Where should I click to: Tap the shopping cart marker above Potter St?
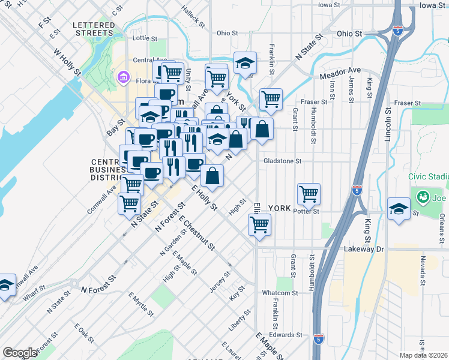click(x=309, y=194)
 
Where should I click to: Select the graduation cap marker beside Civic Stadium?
click(x=399, y=209)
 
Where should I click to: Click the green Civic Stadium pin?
click(x=423, y=197)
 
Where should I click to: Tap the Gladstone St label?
click(x=282, y=161)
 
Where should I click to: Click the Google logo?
click(x=20, y=353)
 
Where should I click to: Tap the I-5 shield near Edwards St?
click(x=318, y=340)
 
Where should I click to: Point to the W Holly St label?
click(x=67, y=62)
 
